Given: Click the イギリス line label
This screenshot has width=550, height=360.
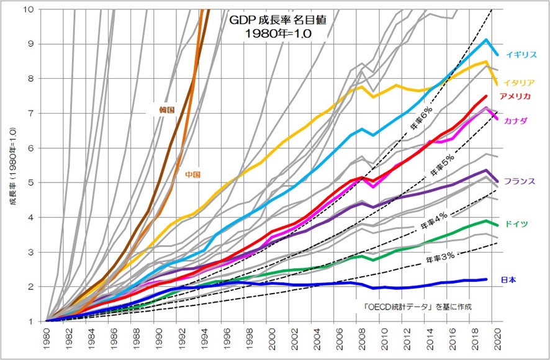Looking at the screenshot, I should [x=521, y=55].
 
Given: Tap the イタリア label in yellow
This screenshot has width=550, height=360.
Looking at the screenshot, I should [x=519, y=83].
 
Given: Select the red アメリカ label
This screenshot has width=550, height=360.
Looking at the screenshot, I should [x=515, y=96].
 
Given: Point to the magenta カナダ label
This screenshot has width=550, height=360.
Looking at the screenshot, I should [x=516, y=120].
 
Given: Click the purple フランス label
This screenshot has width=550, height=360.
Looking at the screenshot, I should [x=519, y=181].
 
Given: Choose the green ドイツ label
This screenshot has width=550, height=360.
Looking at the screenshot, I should [x=516, y=223].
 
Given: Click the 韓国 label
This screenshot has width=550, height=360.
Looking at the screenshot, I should [x=166, y=109].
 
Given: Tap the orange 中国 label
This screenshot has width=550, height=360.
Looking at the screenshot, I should [x=192, y=174].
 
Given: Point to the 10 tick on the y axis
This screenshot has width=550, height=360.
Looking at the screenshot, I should [x=29, y=9].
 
